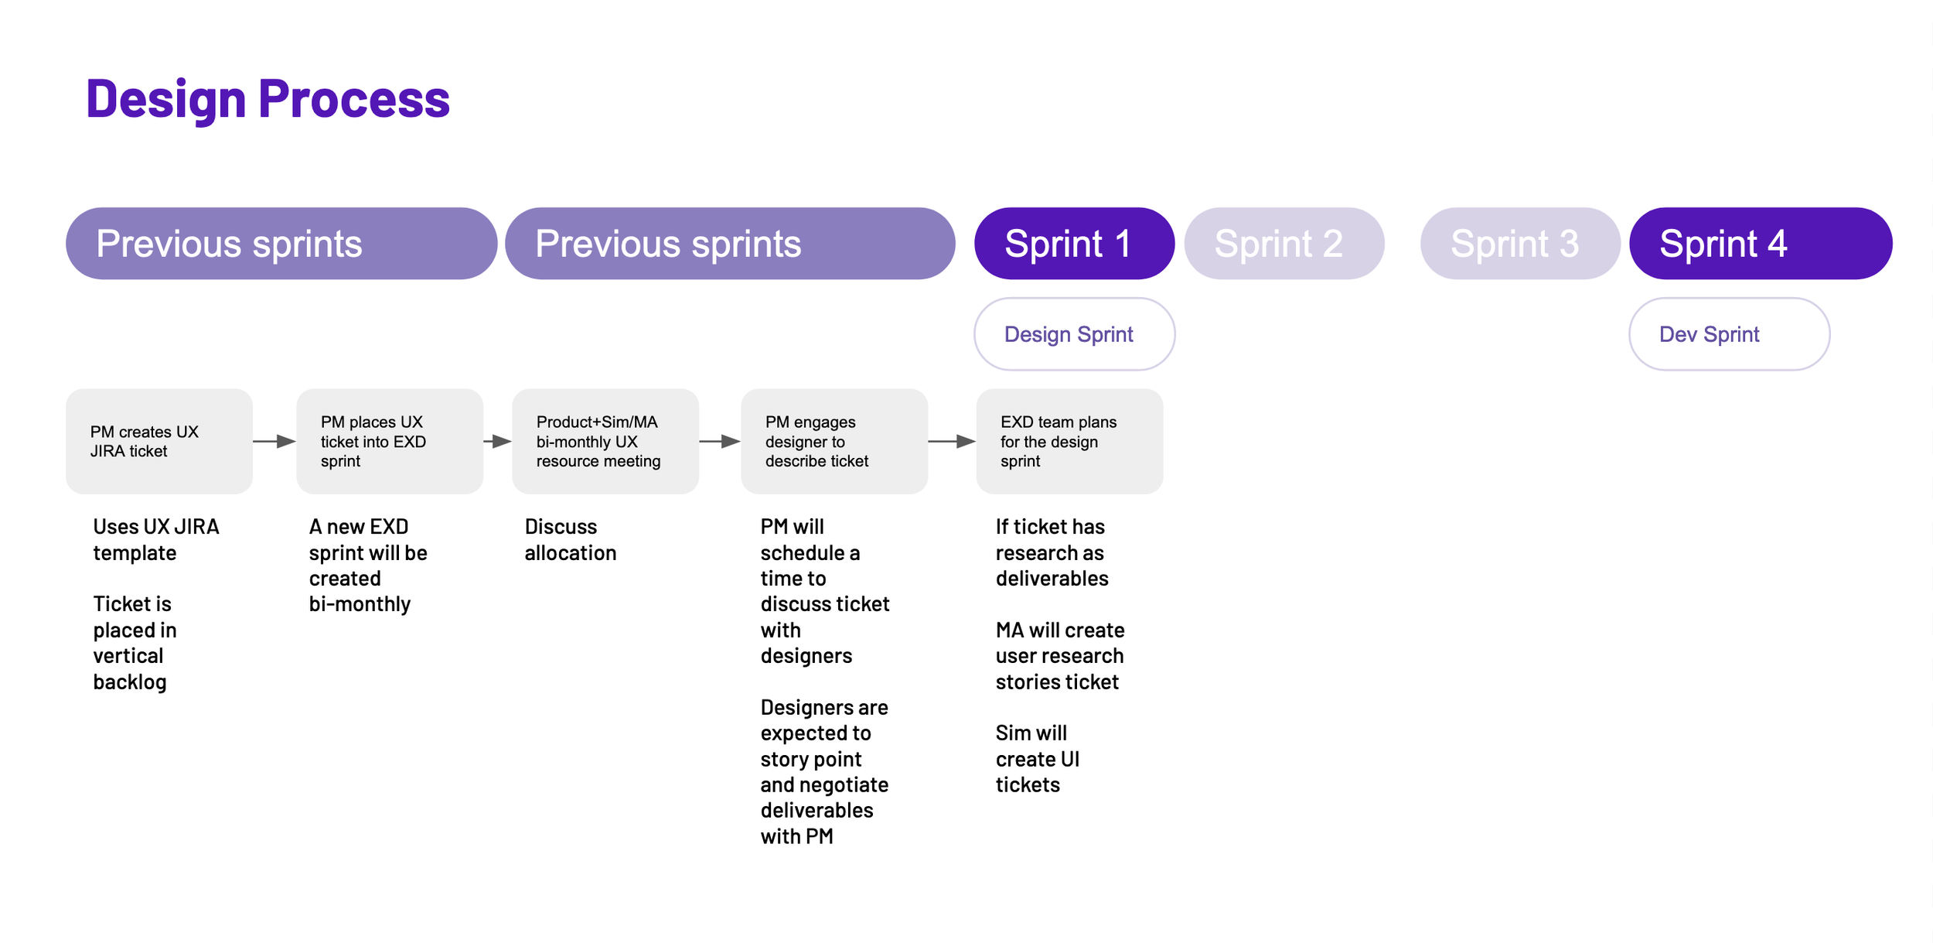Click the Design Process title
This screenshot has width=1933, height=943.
coord(268,99)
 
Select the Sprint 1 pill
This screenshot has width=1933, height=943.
coord(1074,243)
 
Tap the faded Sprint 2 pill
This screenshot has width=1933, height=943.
coord(1284,243)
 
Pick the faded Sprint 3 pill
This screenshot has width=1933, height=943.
coord(1520,243)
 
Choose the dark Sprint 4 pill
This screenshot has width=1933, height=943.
coord(1761,243)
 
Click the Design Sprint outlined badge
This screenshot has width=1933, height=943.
coord(1074,334)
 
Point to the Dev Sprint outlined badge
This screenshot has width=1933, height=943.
coord(1729,334)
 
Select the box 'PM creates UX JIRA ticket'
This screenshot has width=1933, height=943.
coord(159,441)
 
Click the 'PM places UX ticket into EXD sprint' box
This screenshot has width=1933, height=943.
coord(390,441)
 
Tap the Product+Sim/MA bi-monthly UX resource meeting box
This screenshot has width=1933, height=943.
coord(605,441)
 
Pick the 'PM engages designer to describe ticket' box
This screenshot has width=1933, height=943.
coord(834,441)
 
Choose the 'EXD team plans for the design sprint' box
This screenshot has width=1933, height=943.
coord(1069,441)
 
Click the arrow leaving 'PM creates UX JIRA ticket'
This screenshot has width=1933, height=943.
coord(274,441)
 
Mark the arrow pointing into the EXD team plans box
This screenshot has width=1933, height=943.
coord(952,441)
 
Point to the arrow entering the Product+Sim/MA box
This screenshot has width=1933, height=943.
coord(497,441)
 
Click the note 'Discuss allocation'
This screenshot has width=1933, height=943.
coord(571,540)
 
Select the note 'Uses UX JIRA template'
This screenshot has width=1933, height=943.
coord(156,540)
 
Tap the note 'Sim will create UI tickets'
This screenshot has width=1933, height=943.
coord(1038,759)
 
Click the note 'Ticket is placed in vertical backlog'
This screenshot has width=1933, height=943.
coord(135,643)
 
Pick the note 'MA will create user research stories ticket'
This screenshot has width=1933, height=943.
coord(1060,656)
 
